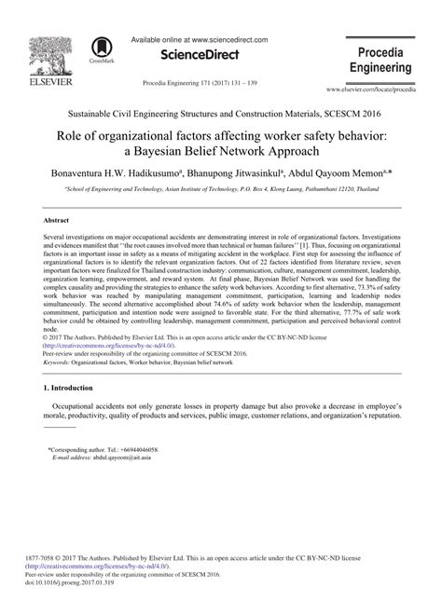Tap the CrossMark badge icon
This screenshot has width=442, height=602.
point(98,51)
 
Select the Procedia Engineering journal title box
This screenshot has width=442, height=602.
point(379,59)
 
